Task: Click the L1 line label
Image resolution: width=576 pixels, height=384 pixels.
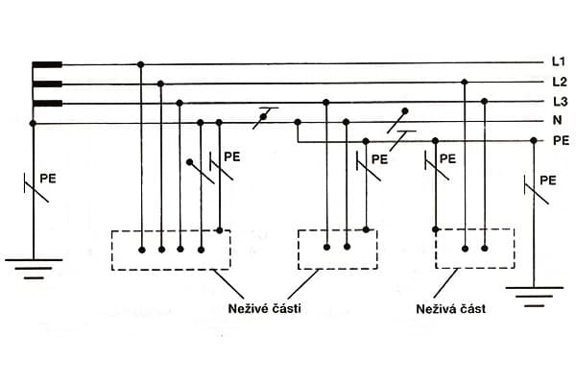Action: click(x=558, y=62)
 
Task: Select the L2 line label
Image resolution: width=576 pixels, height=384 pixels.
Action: click(x=558, y=83)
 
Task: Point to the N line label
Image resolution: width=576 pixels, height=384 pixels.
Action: click(x=557, y=122)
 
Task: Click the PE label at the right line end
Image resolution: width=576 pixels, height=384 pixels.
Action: click(x=561, y=141)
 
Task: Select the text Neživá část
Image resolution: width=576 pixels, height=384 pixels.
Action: click(x=450, y=309)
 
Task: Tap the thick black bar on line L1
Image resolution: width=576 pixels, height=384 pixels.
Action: click(x=48, y=65)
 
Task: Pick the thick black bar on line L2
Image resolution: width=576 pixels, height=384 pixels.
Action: click(x=48, y=84)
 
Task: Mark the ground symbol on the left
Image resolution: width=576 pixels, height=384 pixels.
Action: click(x=33, y=266)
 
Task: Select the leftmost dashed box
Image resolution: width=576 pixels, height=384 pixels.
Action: click(x=172, y=250)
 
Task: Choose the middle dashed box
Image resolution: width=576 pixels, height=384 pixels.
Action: click(x=337, y=250)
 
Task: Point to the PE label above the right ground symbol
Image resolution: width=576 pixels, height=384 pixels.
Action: click(x=548, y=180)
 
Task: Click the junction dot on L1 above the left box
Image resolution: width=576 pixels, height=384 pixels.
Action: click(x=141, y=64)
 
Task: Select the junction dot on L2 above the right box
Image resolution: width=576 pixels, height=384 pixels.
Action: click(x=465, y=84)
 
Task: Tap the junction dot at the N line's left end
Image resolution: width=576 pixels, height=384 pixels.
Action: click(x=33, y=123)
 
